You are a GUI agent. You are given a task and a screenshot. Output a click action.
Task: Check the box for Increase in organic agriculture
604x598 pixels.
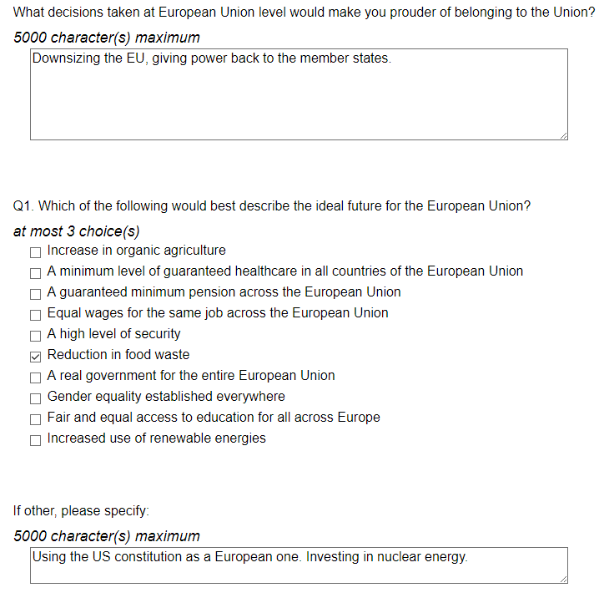coord(36,251)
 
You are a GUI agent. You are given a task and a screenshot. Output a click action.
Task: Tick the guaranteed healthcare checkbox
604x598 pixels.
coord(36,272)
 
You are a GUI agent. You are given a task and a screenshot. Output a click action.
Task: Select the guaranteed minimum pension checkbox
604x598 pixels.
coord(36,293)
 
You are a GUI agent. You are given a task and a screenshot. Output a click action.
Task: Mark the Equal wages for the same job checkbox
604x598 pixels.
coord(36,314)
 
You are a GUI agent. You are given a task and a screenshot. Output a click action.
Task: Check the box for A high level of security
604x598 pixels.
coord(36,335)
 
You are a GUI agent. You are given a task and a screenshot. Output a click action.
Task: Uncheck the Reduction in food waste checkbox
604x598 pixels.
coord(36,356)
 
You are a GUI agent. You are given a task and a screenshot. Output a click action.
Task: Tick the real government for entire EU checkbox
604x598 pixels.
coord(36,377)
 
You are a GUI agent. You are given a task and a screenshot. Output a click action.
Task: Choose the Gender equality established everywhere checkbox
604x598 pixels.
coord(36,398)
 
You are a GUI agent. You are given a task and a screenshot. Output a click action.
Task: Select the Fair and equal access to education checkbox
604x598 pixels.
coord(36,418)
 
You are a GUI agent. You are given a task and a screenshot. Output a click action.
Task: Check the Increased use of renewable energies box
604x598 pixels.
coord(36,439)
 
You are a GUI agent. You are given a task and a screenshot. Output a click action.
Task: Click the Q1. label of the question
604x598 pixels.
coord(24,206)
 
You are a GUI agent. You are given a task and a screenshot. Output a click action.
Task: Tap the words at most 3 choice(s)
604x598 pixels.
coord(77,231)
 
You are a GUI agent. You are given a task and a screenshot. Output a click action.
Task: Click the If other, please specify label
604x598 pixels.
coord(81,511)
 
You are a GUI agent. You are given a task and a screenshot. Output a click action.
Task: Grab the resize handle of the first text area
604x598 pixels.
coord(563,135)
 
